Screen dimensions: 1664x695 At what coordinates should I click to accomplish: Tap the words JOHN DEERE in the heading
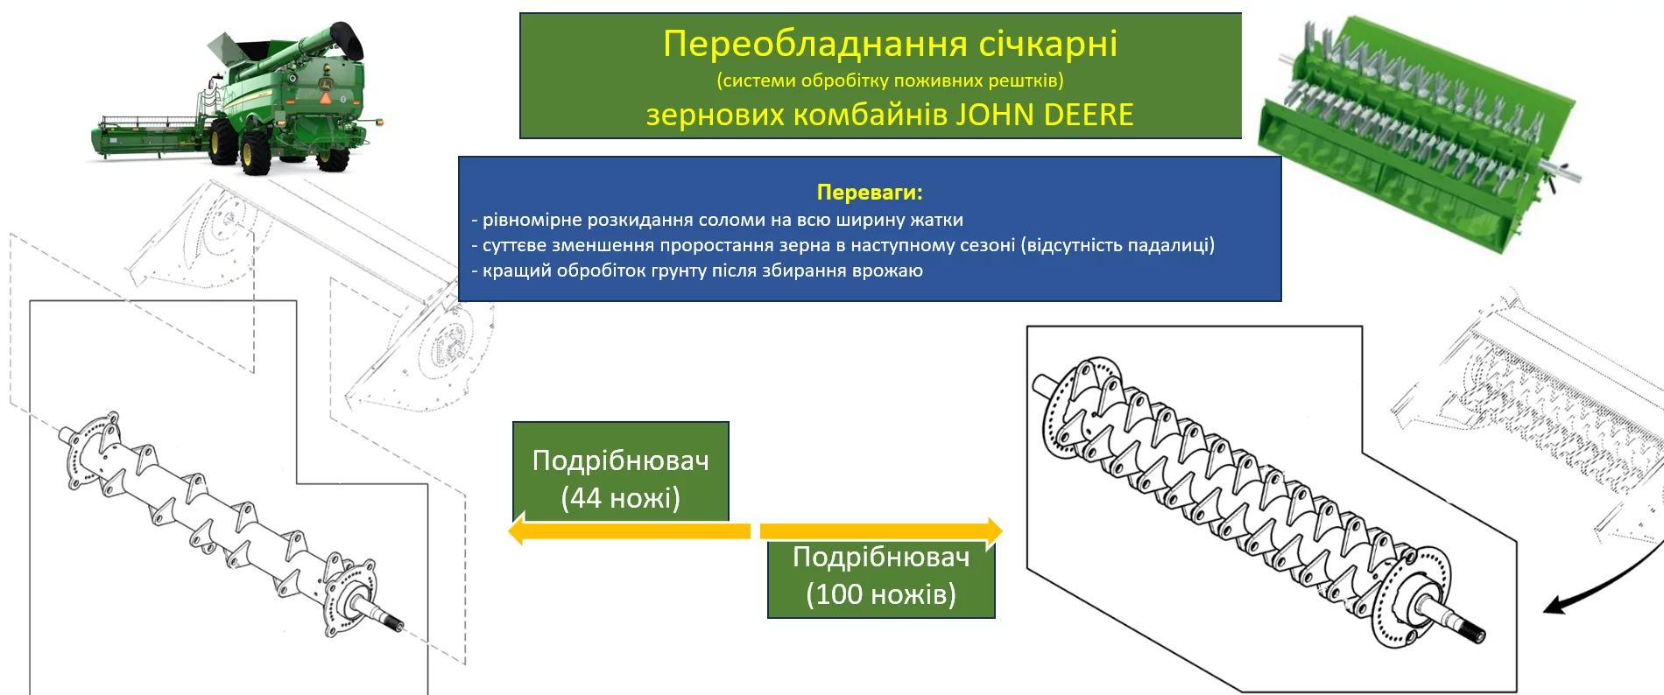coord(1044,115)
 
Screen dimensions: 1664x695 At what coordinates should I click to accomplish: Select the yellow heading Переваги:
coord(870,192)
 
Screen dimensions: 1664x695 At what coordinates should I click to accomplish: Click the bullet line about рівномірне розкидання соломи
coord(717,220)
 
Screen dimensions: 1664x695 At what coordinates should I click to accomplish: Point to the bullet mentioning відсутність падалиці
coord(843,245)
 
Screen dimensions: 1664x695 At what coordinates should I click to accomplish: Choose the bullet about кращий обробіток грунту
coord(697,270)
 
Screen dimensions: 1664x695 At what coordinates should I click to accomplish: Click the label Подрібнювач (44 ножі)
coord(621,479)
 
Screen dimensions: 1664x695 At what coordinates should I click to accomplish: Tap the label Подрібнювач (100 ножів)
coord(881,576)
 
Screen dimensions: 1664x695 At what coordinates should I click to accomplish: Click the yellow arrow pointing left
coord(629,530)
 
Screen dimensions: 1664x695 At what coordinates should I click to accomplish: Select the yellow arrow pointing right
coord(881,530)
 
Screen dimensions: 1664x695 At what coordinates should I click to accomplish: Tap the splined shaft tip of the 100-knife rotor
coord(1473,632)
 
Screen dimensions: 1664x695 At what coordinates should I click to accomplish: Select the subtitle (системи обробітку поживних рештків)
coord(890,81)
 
